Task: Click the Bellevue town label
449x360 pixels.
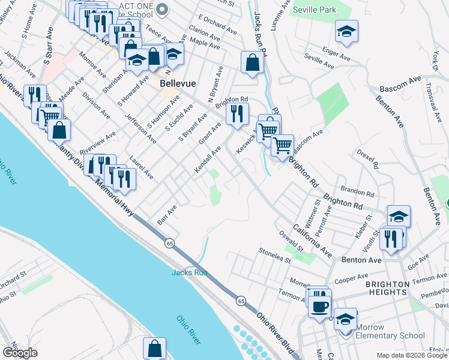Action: tap(175, 85)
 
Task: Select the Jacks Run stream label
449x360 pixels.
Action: tap(189, 272)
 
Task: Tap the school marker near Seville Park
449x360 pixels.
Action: tap(346, 32)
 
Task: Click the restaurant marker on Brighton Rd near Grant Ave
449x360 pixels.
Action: tap(238, 113)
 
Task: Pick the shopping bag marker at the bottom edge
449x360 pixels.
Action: tap(155, 348)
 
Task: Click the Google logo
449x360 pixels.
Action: tap(20, 352)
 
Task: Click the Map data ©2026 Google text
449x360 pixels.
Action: tap(412, 355)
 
